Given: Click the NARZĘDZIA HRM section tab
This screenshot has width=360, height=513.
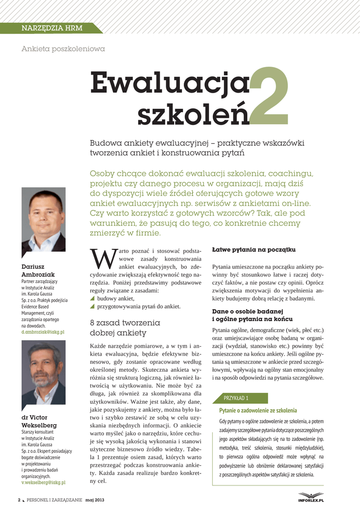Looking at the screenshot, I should pos(52,28).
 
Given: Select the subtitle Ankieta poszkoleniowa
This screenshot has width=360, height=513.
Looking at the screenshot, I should pos(63,49).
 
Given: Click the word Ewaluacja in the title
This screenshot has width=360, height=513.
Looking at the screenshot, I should pos(170,83).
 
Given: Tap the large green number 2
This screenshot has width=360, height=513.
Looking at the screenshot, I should pos(268,97).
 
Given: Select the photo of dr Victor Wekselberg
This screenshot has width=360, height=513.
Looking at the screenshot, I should pos(44,373).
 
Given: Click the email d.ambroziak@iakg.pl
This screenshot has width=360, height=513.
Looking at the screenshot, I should pos(43,332).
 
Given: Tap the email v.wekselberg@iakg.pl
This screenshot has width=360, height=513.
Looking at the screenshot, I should pos(44,482).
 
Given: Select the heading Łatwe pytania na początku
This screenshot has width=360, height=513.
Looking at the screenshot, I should pos(254,249).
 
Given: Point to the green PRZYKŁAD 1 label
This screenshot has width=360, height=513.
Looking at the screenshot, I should pos(236,398).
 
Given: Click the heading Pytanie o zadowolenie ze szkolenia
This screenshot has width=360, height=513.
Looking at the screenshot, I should pos(258,410).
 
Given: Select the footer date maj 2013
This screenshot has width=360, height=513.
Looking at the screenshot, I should pos(95,500).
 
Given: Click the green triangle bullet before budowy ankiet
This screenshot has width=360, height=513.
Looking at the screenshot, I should pos(92,299).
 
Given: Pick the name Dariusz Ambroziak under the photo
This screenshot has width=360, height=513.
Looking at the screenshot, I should pos(38,271).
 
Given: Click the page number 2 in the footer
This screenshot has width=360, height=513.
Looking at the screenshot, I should pos(19,500).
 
